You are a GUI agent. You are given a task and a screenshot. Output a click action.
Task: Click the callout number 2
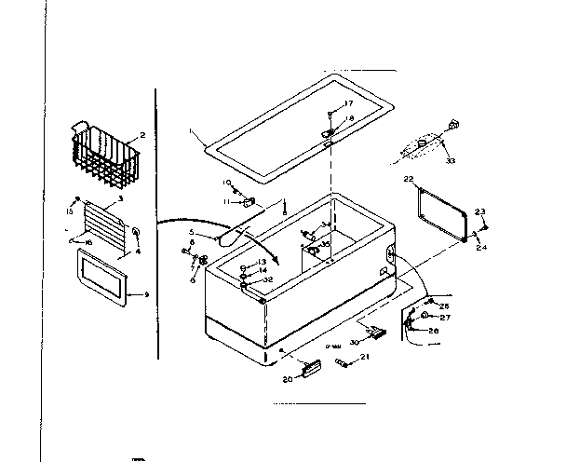[141, 136]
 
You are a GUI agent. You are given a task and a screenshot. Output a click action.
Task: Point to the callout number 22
[408, 177]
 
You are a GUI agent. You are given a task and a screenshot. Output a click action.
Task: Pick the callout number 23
[480, 211]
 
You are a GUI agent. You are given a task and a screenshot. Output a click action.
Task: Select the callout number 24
[481, 248]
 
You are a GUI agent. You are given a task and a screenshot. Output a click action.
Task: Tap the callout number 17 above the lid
[349, 103]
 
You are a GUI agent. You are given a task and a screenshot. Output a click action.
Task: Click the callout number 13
[263, 262]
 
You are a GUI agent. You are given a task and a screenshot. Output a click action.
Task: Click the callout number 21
[365, 358]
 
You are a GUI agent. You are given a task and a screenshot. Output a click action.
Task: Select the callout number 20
[288, 379]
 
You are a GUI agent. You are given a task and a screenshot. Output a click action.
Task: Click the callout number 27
[444, 318]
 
